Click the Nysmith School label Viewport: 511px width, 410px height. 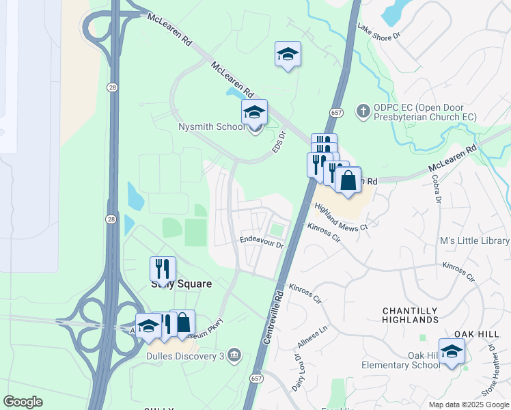[x=210, y=127]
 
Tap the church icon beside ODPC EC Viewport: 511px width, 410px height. [x=363, y=110]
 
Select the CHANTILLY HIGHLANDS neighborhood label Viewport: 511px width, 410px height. [x=410, y=315]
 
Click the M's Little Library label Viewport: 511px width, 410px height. [x=474, y=241]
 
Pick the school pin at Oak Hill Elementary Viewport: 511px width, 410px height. [x=452, y=353]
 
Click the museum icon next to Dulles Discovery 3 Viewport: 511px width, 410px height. [x=234, y=354]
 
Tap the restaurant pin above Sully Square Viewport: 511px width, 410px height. [x=163, y=269]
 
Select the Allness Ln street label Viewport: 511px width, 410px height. [x=314, y=336]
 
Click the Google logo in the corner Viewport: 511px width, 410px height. [x=23, y=401]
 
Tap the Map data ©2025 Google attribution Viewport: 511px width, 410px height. [x=469, y=405]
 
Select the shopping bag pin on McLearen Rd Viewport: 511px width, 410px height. [x=348, y=181]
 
